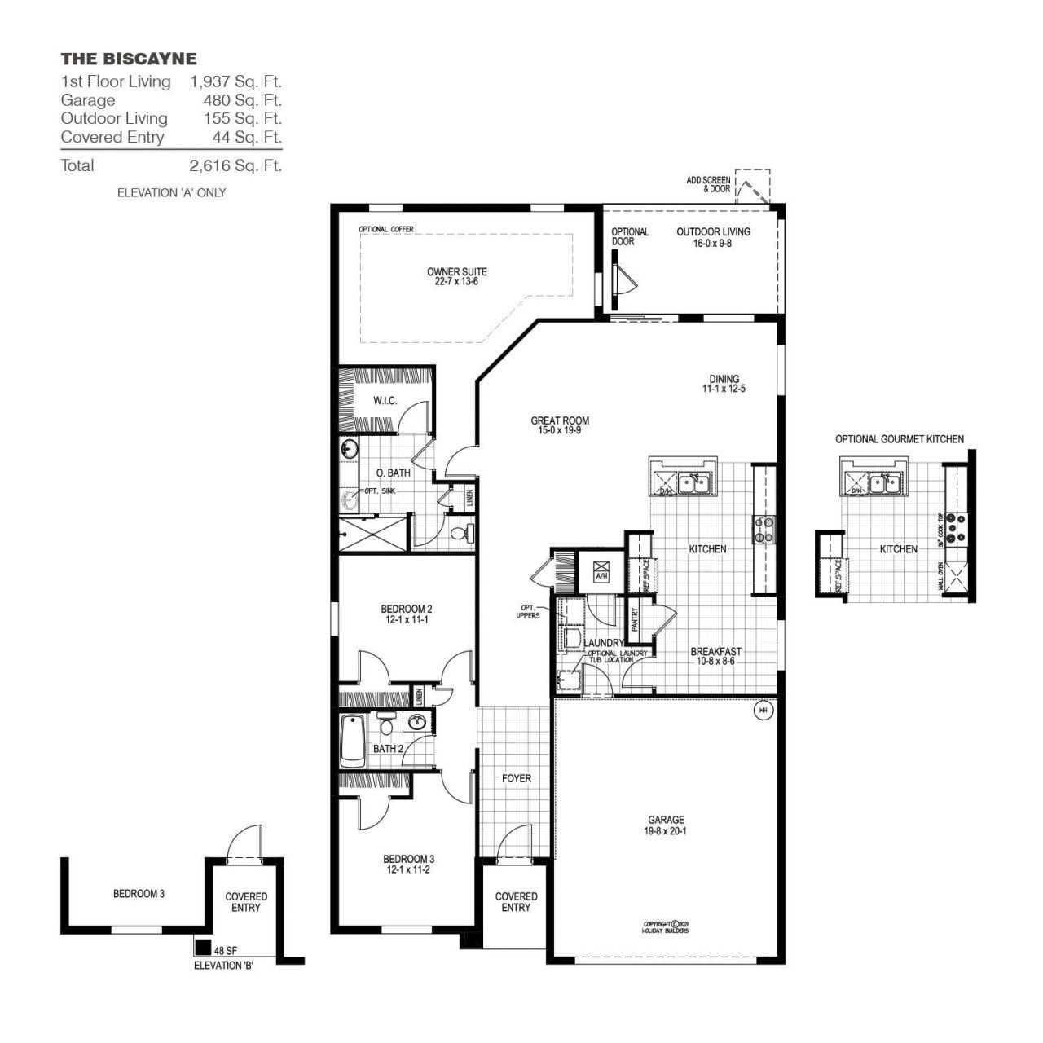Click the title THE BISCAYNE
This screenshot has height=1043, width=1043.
point(129,59)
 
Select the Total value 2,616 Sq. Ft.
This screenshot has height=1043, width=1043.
point(235,165)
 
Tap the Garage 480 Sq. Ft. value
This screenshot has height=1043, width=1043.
point(242,100)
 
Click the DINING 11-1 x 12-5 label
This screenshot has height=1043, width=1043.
point(724,384)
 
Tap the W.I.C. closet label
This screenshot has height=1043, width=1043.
point(385,400)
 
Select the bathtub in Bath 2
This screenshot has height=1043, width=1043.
point(352,740)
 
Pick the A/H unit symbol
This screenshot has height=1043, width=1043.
point(601,569)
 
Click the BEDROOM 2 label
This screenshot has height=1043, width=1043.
point(406,614)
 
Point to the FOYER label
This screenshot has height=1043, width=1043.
point(516,778)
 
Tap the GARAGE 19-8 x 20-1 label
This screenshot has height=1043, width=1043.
point(666,825)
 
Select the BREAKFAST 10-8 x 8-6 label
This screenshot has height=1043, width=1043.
point(715,656)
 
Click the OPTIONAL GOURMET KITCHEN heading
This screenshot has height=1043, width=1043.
point(899,439)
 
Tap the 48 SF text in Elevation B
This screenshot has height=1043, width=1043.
point(225,950)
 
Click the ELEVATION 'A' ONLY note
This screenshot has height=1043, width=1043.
point(171,193)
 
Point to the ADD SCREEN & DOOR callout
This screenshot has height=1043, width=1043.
point(708,183)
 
